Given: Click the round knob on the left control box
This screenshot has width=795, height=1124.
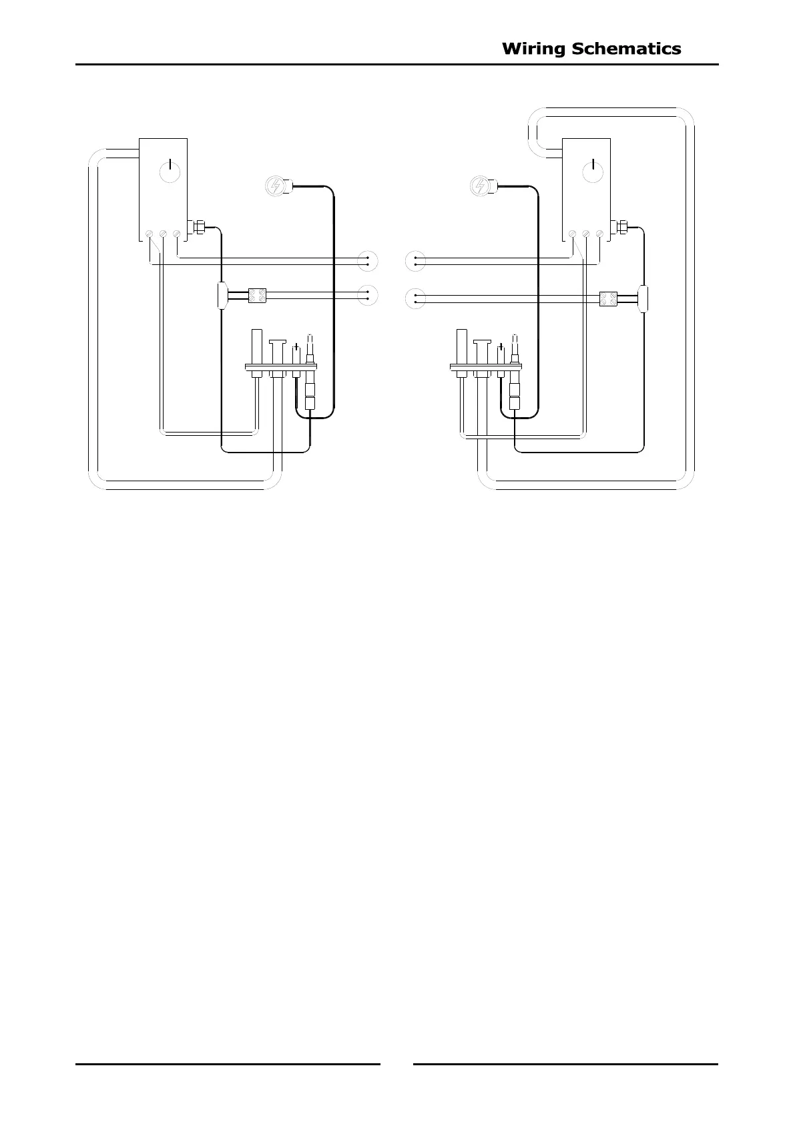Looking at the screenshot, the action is click(171, 172).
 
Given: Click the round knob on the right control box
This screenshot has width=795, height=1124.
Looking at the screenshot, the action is click(593, 172).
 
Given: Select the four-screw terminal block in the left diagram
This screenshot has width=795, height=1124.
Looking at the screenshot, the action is click(258, 296).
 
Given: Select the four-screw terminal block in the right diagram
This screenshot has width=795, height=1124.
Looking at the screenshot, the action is click(608, 299).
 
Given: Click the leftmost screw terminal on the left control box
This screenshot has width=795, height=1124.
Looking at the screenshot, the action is click(149, 234).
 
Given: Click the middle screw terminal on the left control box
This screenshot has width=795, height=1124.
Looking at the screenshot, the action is click(162, 234).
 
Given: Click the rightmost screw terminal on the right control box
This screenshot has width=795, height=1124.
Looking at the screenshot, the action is click(600, 234).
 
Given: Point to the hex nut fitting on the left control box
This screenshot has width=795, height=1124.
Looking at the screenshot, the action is click(198, 227).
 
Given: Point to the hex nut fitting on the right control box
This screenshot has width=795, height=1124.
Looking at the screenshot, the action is click(623, 227).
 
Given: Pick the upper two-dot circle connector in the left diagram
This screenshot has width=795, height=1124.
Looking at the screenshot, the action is click(367, 261).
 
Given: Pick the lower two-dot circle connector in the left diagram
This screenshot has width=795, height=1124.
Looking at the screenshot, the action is click(367, 295).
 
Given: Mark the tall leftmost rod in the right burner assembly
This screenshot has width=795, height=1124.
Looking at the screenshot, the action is click(461, 346).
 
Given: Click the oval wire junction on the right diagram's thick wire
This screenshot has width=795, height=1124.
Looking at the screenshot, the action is click(644, 298).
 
